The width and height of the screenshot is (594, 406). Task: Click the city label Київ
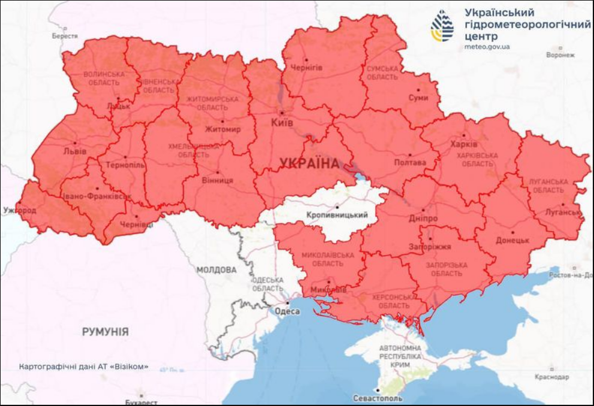click(282, 122)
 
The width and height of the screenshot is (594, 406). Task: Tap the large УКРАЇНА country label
click(308, 163)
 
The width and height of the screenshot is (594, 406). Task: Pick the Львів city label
click(74, 152)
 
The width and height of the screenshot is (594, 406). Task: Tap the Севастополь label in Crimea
click(378, 398)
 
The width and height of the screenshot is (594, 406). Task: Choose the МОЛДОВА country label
click(216, 270)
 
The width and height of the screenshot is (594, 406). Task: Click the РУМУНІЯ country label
click(105, 331)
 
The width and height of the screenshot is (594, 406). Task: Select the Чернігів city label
click(306, 68)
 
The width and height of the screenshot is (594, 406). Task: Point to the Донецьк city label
click(512, 240)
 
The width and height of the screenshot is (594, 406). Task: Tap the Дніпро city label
click(424, 219)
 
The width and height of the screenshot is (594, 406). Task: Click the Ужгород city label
click(20, 211)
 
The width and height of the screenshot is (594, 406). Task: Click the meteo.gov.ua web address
click(487, 46)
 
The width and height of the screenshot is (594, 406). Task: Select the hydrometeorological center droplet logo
click(442, 26)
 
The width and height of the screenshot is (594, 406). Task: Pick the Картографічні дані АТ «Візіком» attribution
click(83, 366)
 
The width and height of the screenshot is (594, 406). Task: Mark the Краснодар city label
click(550, 377)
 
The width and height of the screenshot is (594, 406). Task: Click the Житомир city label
click(222, 129)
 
